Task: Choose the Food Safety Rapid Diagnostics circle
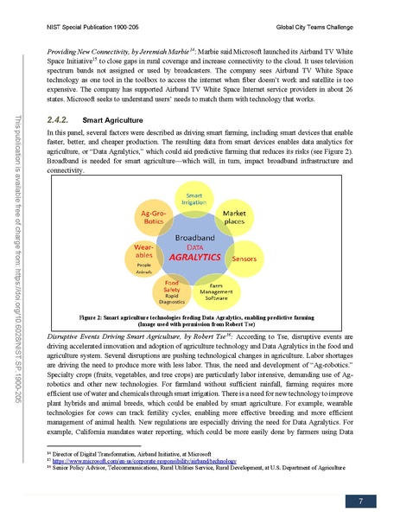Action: point(172,291)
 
